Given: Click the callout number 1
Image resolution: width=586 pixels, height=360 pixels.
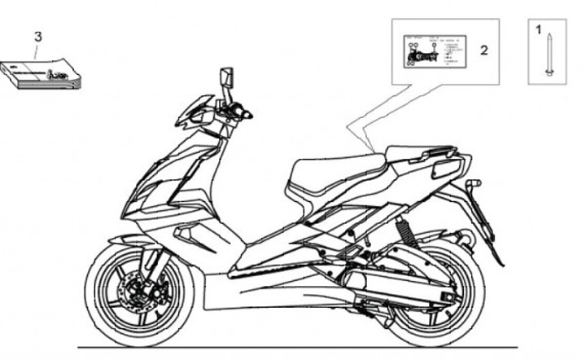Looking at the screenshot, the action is point(538,29).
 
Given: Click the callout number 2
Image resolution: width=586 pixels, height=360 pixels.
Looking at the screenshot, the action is point(483,50).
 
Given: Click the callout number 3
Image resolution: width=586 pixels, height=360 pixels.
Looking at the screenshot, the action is point(37,36).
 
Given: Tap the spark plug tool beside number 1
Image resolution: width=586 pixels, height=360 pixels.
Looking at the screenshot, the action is point(550,53).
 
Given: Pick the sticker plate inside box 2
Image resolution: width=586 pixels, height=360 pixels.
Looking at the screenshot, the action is point(432,50).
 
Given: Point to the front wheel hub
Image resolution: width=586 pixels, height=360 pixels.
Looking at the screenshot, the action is point(132,290).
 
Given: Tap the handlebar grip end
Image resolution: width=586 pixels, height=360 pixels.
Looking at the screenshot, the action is point(246,116).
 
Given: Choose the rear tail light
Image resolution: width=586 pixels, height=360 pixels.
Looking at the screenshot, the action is point(448,169).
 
